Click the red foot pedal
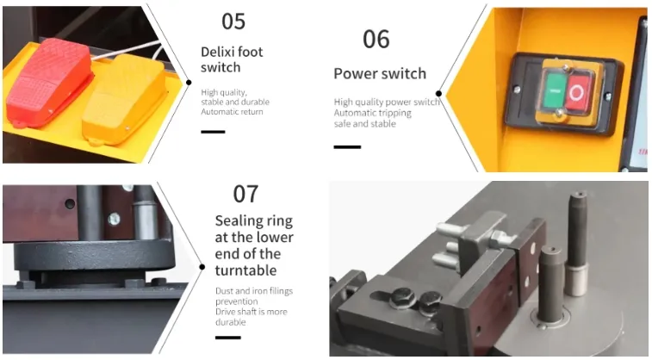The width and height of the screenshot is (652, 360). coord(49,83)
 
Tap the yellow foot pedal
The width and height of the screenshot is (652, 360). coord(124,101)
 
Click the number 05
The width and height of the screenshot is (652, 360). coord(233,22)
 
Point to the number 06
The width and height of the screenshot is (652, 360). coord(376,39)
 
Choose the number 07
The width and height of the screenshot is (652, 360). coord(245,194)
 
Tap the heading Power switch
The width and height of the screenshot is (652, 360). coord(380,73)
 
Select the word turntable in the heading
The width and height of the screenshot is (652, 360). coord(245,270)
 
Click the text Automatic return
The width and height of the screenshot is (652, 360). coord(232,112)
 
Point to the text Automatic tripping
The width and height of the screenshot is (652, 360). coord(373,113)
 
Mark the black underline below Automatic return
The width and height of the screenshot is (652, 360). coord(213,132)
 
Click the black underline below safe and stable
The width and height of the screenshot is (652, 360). coord(347,146)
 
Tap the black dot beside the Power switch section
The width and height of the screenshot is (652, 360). coord(438,94)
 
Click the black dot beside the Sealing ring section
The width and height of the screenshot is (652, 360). coord(202,267)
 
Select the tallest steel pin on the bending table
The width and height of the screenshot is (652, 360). coord(577,243)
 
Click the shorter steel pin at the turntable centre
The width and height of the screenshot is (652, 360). coord(550,284)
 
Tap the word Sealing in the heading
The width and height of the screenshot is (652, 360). coord(238,221)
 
